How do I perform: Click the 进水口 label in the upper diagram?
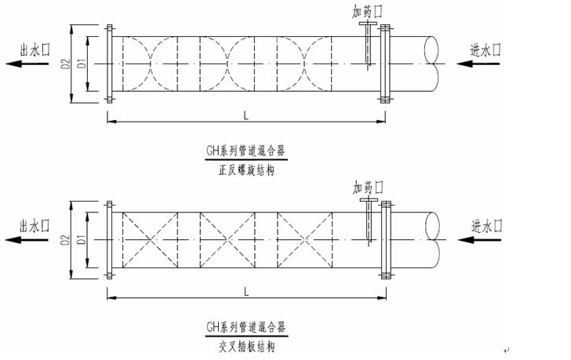[486, 49]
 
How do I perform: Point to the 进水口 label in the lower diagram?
[486, 226]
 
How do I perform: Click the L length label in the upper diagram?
[246, 115]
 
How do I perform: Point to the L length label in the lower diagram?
[246, 291]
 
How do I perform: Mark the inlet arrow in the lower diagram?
[486, 240]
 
